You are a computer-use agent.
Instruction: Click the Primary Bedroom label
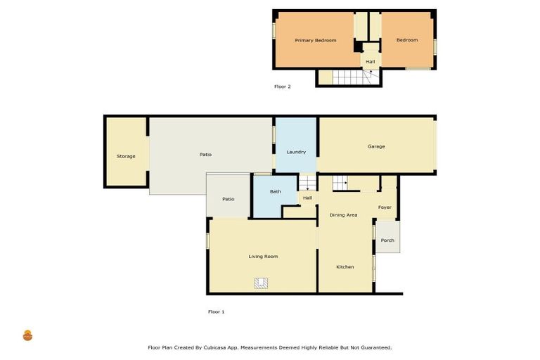point(315,41)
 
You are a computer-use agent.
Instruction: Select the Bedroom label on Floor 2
point(407,41)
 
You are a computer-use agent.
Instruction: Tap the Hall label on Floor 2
point(371,62)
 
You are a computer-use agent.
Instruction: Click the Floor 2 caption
point(282,86)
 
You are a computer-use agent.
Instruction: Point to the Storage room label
point(126,156)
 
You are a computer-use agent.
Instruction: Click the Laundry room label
point(296,152)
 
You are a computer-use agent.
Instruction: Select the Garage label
point(376,146)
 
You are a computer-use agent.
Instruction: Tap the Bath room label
point(276,191)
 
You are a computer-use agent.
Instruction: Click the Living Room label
point(263,257)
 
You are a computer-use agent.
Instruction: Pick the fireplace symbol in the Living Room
point(262,283)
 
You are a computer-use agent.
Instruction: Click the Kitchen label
point(345,267)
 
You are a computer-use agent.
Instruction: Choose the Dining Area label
point(343,214)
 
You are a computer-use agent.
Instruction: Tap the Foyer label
point(385,207)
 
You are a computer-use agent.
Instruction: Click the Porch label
point(387,240)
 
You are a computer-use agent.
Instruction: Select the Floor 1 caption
point(216,311)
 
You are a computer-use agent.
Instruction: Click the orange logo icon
point(27,335)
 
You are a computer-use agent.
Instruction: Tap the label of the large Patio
point(205,155)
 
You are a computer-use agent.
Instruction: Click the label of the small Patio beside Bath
point(228,199)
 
